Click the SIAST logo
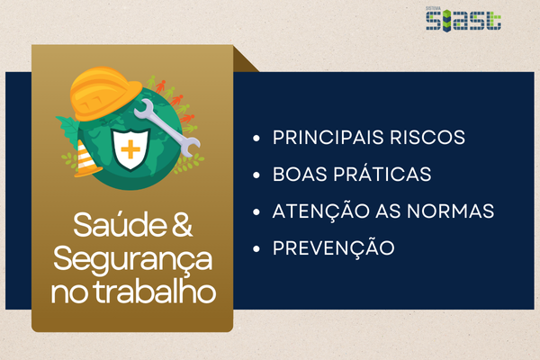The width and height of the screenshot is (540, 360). coord(463,19)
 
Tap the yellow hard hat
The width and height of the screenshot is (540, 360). coord(105,94)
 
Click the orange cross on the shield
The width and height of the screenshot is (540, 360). coord(130,149)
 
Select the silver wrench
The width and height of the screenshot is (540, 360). coord(167,128)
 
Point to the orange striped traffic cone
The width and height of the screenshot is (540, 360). coord(86,158)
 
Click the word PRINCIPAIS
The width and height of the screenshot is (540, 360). coord(328,138)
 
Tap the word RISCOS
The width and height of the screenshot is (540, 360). coord(427,138)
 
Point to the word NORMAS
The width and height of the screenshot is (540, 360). coord(451,211)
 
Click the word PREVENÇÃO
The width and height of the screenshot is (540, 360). coord(333,247)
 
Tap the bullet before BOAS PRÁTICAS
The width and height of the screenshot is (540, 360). coord(256,175)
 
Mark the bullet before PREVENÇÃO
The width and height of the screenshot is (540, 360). coord(256,248)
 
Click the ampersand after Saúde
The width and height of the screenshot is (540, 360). coord(182,224)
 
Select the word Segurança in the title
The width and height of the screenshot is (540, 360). coord(132,259)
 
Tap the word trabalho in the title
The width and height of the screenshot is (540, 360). coord(155,292)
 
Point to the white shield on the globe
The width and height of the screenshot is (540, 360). coord(131,149)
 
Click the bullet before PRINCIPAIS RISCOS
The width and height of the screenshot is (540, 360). coord(256,139)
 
